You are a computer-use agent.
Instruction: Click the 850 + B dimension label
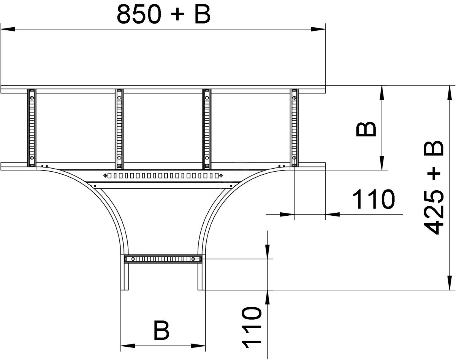[x=163, y=14]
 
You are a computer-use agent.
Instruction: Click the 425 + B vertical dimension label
[x=434, y=188]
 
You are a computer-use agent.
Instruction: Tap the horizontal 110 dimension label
[x=374, y=199]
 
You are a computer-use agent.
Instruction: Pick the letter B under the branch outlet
[x=161, y=330]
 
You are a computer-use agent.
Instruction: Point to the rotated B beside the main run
[x=366, y=129]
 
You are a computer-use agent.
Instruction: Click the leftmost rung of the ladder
[x=32, y=128]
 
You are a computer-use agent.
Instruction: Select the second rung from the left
[x=119, y=129]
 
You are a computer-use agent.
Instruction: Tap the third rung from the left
[x=207, y=129]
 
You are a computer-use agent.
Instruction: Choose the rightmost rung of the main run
[x=294, y=128]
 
